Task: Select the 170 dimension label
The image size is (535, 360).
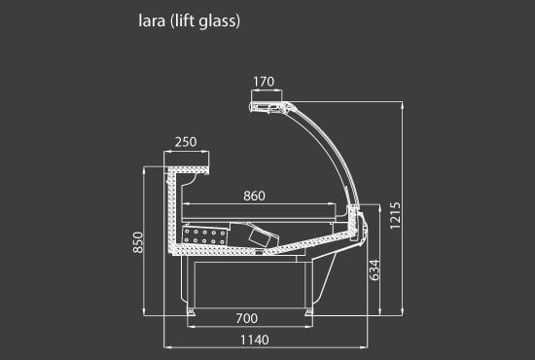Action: pos(265,82)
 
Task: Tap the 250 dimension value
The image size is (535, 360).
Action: pos(185,142)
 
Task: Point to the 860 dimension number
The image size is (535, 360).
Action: pos(254,196)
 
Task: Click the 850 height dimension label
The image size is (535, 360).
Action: pos(138,243)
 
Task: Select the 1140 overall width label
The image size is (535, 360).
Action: pos(254,340)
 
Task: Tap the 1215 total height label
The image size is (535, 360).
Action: pos(395,220)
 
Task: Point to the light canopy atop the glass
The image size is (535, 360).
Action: pos(268,105)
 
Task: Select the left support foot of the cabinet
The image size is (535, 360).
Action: pos(192,310)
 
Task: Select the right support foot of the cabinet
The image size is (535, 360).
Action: pos(309,310)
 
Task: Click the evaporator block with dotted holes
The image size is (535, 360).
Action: pos(205,235)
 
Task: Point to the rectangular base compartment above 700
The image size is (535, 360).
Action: pos(249,284)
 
